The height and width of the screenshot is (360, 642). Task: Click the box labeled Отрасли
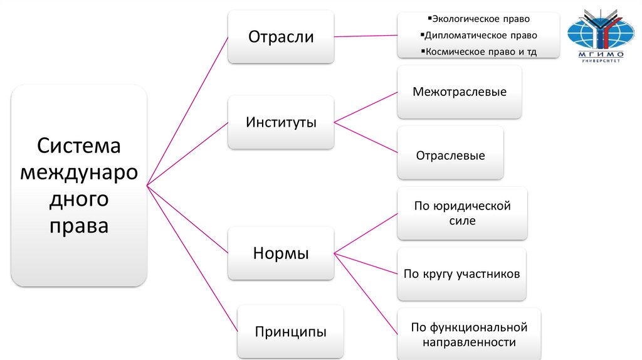(x=280, y=36)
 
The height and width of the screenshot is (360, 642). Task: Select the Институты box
(x=280, y=122)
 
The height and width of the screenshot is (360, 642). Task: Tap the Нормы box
(x=280, y=253)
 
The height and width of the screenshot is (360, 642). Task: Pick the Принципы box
(x=290, y=331)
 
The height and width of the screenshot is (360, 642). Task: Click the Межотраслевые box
(x=460, y=92)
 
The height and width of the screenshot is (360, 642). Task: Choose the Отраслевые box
(x=450, y=155)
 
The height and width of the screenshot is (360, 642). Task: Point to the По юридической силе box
(x=462, y=213)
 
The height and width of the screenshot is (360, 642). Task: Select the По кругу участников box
(x=462, y=274)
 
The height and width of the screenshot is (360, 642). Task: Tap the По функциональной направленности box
(x=469, y=334)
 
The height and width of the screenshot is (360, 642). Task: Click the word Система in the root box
(x=78, y=146)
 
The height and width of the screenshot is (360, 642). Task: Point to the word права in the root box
(x=78, y=226)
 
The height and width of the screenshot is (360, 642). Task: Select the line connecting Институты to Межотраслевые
(x=366, y=107)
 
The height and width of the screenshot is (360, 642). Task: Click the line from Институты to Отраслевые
(x=366, y=137)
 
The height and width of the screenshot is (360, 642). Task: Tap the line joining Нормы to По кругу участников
(x=366, y=264)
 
